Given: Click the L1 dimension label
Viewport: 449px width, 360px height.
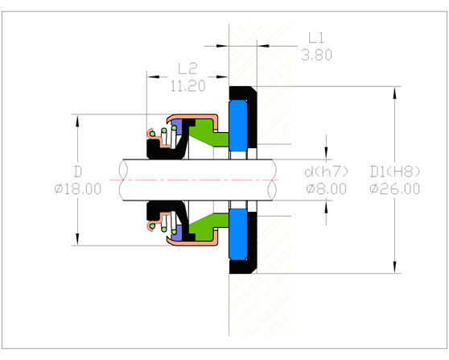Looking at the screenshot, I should tap(316, 38).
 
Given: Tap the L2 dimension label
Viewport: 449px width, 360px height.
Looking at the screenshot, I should tap(187, 68).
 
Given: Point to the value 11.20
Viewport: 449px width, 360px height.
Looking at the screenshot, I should tap(187, 85).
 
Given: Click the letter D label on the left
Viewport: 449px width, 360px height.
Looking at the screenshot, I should tap(77, 172).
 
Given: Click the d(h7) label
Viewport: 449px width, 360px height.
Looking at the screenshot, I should tap(326, 172).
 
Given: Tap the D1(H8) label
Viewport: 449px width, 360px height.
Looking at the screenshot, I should tap(394, 172).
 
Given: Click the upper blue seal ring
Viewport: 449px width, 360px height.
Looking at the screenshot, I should tap(239, 125).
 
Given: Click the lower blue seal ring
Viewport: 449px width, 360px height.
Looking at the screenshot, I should tap(239, 233).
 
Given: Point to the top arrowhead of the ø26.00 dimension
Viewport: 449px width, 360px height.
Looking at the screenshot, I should tap(394, 91).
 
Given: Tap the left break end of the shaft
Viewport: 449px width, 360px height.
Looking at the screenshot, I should tap(122, 178).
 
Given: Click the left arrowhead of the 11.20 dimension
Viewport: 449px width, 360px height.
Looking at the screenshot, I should tap(150, 77).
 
